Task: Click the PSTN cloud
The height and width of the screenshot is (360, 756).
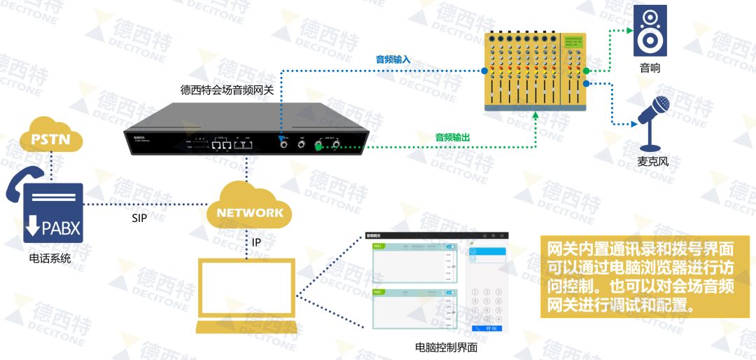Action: coord(51,137)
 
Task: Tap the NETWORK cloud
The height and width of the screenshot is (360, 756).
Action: coord(250,211)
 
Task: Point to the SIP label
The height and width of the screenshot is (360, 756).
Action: coord(139,218)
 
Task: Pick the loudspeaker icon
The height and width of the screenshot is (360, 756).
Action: coord(650,31)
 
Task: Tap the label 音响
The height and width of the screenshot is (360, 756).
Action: coord(650,69)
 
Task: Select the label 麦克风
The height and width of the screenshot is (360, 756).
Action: coord(652,162)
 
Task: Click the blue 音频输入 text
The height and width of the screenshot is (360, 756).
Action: coord(393,60)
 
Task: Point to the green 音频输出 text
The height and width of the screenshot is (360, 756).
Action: coord(452,137)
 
